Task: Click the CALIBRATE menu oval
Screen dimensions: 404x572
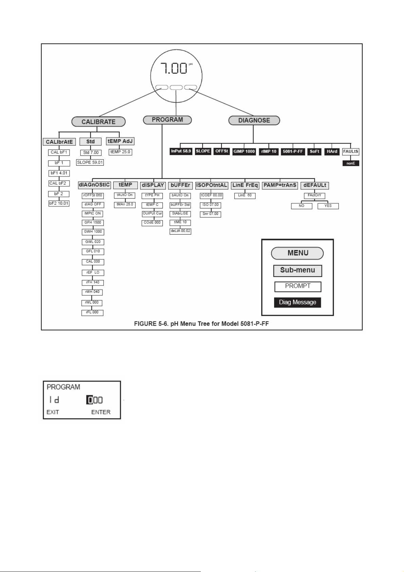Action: coord(98,122)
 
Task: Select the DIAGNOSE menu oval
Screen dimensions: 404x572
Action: coord(254,120)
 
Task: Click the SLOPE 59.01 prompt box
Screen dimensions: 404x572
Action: coord(90,162)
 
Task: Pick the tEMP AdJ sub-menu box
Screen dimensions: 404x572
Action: coord(120,141)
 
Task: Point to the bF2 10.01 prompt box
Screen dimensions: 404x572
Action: coord(59,204)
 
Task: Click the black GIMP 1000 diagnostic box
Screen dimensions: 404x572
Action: coord(244,151)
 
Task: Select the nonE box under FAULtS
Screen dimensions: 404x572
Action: coord(351,163)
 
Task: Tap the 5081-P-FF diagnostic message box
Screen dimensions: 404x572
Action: coord(293,151)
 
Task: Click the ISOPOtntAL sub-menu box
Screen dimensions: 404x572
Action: coord(212,185)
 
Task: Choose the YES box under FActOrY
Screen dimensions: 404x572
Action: coord(328,206)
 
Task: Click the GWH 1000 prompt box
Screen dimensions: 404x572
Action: coord(93,232)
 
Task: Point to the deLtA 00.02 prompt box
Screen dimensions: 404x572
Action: coord(180,231)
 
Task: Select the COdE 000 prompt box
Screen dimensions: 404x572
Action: coord(152,223)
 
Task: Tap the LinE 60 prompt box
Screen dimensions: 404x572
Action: coord(245,195)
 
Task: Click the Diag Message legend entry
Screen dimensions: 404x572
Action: coord(297,302)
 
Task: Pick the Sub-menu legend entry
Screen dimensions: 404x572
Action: coord(297,271)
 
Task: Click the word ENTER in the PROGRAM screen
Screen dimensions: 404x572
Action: coord(101,412)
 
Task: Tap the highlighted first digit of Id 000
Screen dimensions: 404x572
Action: coord(90,400)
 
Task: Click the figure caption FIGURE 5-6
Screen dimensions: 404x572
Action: coord(201,324)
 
